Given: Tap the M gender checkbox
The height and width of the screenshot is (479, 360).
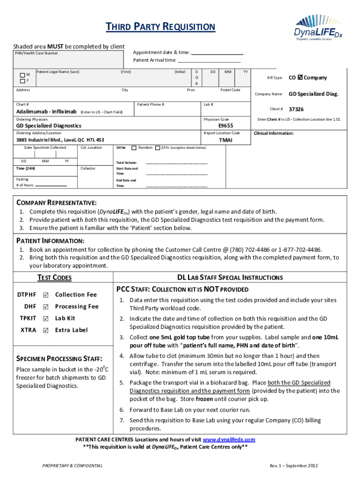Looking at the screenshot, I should coord(22,75).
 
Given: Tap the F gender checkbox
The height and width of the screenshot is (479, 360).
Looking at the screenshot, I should coord(22,81).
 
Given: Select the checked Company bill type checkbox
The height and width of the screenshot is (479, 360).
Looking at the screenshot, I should coord(300,78).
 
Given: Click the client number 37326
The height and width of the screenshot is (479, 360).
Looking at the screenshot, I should coord(296,109).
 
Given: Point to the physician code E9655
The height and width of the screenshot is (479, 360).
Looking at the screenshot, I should coord(226,126).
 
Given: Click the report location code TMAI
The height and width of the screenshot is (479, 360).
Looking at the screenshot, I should coord(226,140).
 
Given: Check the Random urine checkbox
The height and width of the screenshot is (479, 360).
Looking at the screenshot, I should coord(134,148).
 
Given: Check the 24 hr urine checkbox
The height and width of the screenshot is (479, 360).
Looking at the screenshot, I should coord(157,148).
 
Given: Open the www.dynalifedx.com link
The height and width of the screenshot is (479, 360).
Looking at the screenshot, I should coord(229,440).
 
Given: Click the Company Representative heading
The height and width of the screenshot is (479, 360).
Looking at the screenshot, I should coord(57,203).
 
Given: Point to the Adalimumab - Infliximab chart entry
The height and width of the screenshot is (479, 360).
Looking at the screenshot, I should coord(46,112).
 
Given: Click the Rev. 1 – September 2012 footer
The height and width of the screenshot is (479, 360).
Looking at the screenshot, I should coord(294,466).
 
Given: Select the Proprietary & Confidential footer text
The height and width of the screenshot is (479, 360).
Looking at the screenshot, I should coord(72,466).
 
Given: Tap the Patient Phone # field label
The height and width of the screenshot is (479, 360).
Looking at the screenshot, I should coord(151,104).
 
